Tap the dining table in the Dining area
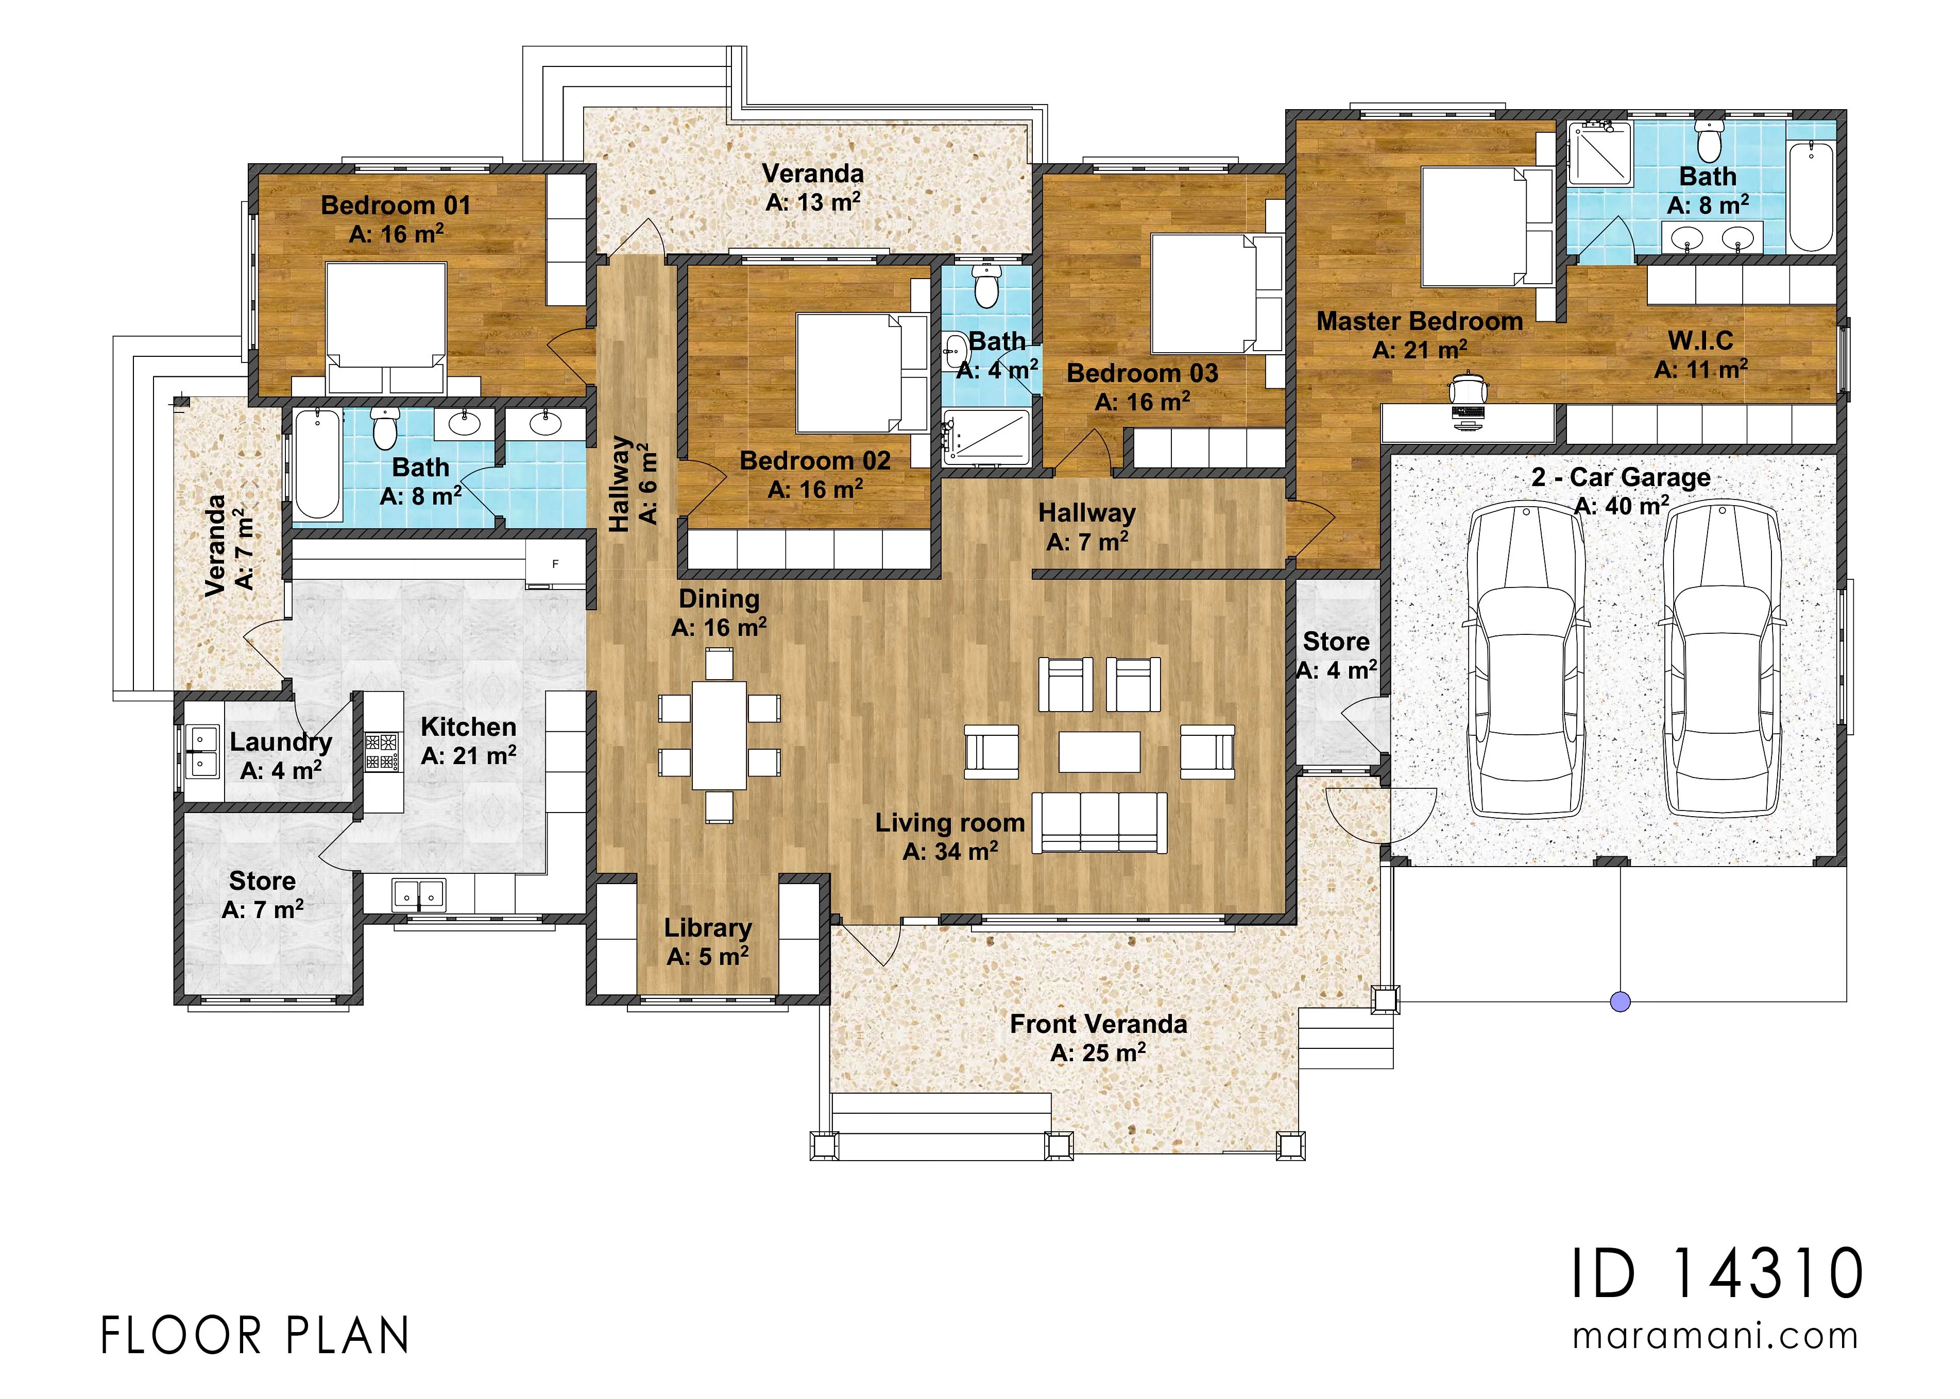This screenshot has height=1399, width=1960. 720,735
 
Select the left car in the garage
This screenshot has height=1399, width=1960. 1526,659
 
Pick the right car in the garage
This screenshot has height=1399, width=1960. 1722,659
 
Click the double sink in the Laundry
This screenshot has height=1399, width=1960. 204,751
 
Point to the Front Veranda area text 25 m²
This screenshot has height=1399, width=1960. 1098,1052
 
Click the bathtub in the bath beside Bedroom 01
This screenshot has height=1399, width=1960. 317,464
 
